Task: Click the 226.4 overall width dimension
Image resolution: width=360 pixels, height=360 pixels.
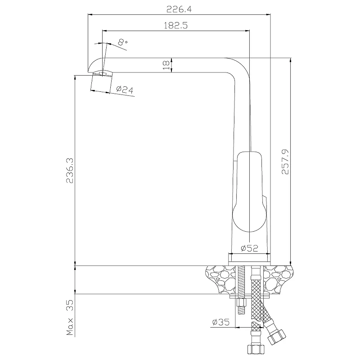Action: tap(179, 9)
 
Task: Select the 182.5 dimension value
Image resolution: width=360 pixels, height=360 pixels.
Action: tap(175, 25)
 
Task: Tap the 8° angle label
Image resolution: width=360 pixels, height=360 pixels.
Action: tap(122, 42)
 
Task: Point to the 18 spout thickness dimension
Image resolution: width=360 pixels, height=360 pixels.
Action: tap(166, 65)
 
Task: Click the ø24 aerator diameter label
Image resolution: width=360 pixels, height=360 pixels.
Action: tap(125, 89)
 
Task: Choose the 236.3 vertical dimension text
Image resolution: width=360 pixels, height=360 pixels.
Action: tap(70, 171)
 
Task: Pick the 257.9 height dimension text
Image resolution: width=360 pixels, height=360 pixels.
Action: tap(285, 162)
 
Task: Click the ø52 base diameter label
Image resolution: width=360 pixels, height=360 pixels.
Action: tap(249, 248)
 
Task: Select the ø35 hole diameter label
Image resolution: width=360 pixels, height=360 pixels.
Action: tap(220, 322)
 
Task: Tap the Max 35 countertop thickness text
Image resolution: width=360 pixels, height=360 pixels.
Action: tap(70, 317)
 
